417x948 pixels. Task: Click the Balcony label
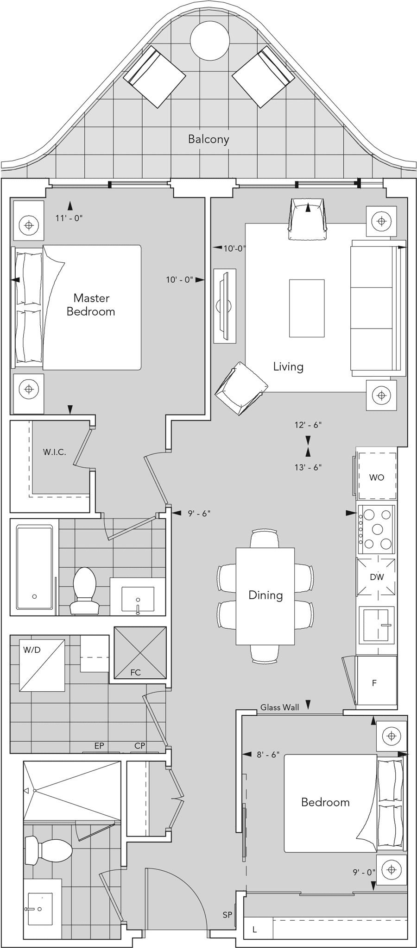208,139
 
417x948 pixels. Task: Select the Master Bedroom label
91,304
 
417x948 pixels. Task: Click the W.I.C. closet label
55,452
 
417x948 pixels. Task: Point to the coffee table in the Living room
307,308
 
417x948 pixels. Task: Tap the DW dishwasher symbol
377,577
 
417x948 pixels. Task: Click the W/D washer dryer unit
42,665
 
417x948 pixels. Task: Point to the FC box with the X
140,653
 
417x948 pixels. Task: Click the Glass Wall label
279,707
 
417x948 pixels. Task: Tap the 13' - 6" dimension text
308,467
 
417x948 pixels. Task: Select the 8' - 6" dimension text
268,755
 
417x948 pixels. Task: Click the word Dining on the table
265,595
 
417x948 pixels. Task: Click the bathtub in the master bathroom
35,567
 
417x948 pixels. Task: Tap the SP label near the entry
227,915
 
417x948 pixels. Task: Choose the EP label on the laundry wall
99,746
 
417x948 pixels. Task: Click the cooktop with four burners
376,529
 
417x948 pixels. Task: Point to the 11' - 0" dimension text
69,218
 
